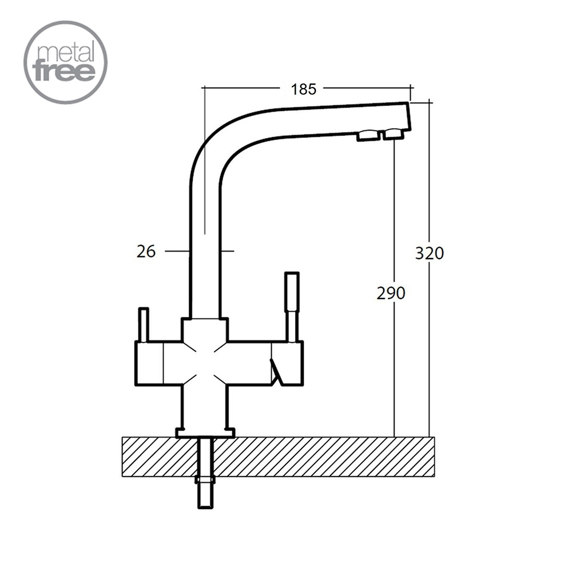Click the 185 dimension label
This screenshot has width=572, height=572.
304,89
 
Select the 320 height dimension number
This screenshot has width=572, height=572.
430,253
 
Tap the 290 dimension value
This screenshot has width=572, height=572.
391,293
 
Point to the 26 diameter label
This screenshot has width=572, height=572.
146,251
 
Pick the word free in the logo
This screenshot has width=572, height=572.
64,72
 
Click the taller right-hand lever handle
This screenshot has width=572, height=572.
292,307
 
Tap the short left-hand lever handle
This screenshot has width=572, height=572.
144,325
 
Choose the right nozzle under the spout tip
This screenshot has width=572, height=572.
394,134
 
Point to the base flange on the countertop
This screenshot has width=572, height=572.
205,432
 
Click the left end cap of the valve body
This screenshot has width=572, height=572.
149,363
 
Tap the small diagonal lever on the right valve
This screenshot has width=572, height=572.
276,371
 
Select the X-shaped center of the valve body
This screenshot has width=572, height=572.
205,363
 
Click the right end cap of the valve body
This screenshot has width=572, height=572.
288,363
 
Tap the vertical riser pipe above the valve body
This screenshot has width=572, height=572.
205,255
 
